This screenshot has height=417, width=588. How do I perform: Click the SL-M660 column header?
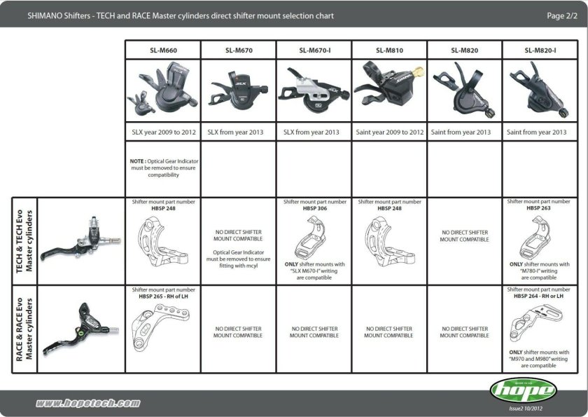pyautogui.click(x=163, y=50)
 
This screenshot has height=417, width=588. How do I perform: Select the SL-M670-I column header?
pyautogui.click(x=314, y=50)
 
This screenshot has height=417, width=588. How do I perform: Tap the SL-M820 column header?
pyautogui.click(x=464, y=50)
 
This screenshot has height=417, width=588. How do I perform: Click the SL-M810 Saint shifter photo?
pyautogui.click(x=388, y=91)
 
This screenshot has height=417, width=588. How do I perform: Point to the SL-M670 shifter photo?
pyautogui.click(x=238, y=91)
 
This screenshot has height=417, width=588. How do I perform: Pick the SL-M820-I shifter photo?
pyautogui.click(x=540, y=91)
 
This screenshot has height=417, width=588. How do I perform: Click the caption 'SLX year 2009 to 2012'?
pyautogui.click(x=163, y=132)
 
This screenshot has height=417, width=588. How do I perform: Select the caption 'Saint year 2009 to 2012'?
pyautogui.click(x=389, y=132)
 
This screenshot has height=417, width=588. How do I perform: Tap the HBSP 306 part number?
pyautogui.click(x=314, y=208)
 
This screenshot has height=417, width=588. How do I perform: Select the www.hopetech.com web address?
pyautogui.click(x=87, y=404)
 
